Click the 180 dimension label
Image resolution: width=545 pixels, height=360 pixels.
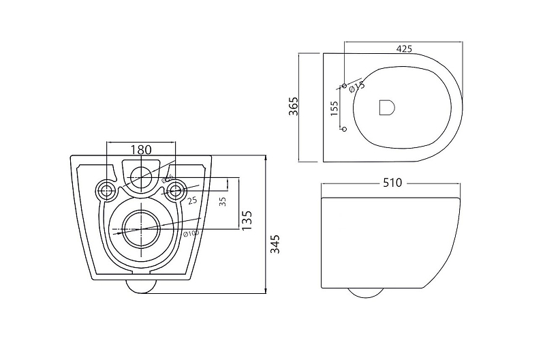(x=141, y=149)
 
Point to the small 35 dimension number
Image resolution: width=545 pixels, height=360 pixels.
(x=223, y=202)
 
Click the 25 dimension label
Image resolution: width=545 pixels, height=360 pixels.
(x=193, y=200)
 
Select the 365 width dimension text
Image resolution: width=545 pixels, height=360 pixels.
(x=294, y=108)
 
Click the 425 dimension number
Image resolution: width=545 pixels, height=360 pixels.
(x=404, y=49)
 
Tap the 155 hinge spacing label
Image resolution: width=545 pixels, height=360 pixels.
(x=334, y=109)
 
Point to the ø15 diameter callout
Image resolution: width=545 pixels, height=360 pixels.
(x=356, y=86)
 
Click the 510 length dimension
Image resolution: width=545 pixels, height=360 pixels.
(x=393, y=183)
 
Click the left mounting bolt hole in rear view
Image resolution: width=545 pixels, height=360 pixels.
(x=106, y=190)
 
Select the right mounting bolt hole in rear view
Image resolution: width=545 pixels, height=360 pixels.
(x=176, y=190)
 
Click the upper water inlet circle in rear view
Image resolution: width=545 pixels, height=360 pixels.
(x=141, y=177)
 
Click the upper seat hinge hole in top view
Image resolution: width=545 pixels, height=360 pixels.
(x=344, y=85)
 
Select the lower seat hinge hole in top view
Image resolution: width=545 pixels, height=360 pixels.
(x=344, y=129)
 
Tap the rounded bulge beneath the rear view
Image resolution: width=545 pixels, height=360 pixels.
(x=142, y=286)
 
